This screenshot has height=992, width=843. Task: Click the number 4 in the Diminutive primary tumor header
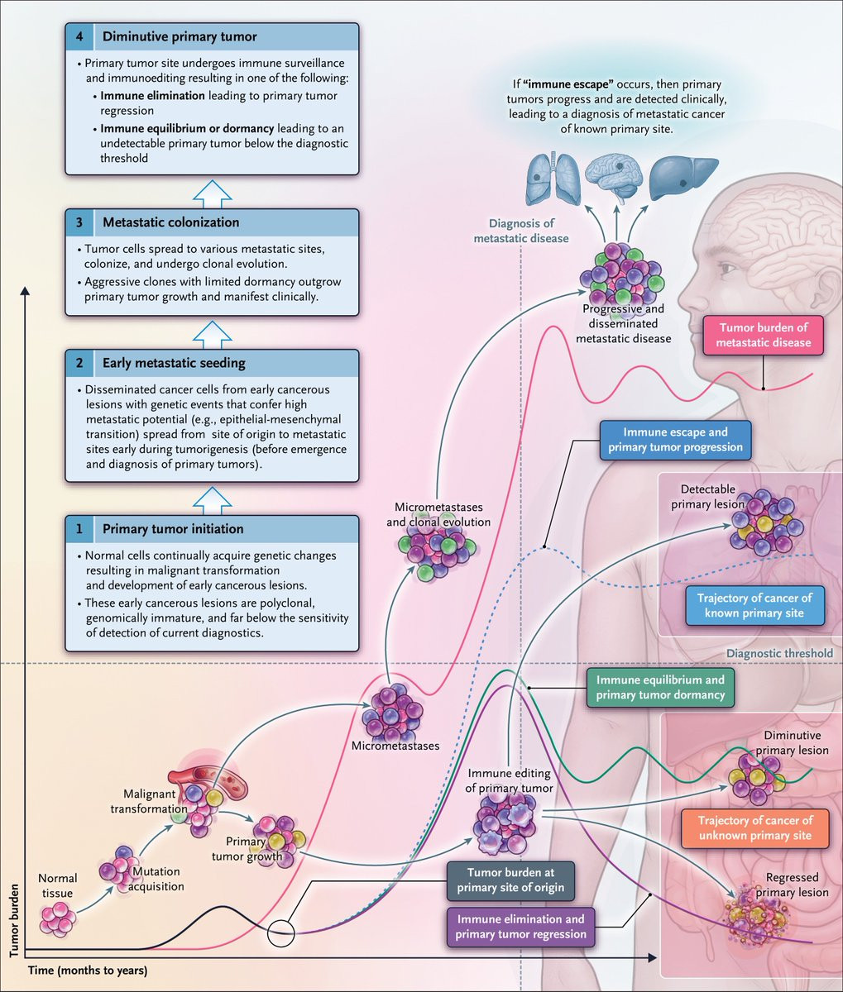coord(79,36)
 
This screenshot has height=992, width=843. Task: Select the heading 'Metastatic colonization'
coord(170,222)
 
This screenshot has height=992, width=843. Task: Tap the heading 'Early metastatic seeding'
coord(174,363)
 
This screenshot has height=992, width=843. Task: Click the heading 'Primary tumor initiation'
coord(173,529)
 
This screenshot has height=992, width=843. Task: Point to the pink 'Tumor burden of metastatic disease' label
coord(763,335)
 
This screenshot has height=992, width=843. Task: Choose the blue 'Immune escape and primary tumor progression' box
coord(676,440)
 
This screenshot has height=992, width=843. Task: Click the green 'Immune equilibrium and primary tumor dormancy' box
coord(659,688)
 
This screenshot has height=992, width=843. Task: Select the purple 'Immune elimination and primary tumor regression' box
coord(520,927)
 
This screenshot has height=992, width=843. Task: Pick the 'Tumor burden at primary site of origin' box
coord(510,880)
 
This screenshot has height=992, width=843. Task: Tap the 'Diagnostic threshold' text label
coord(778,653)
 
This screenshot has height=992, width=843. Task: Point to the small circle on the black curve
coord(281,932)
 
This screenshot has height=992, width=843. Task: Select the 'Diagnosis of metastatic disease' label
coord(520,231)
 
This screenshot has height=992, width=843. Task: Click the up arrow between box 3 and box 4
coord(212,192)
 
